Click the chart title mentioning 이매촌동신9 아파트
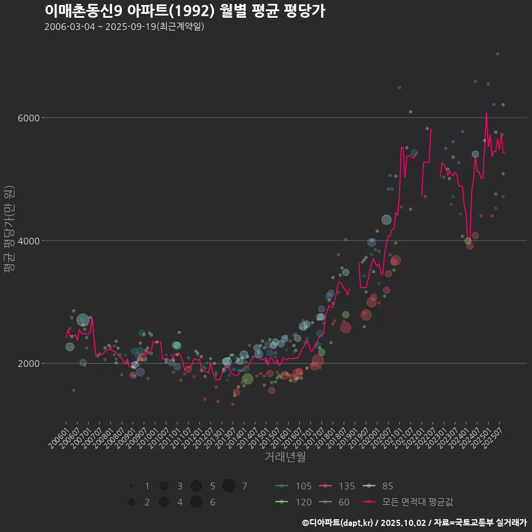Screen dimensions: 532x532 [x=185, y=11]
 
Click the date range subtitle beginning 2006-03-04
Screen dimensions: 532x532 [x=124, y=27]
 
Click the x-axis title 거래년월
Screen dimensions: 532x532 [x=285, y=457]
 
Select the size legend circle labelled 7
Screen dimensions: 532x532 [x=229, y=486]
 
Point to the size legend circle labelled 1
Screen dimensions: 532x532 [x=131, y=486]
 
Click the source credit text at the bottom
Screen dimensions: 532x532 [x=414, y=523]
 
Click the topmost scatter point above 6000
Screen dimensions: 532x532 [x=498, y=54]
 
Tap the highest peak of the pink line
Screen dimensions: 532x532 [x=487, y=112]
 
